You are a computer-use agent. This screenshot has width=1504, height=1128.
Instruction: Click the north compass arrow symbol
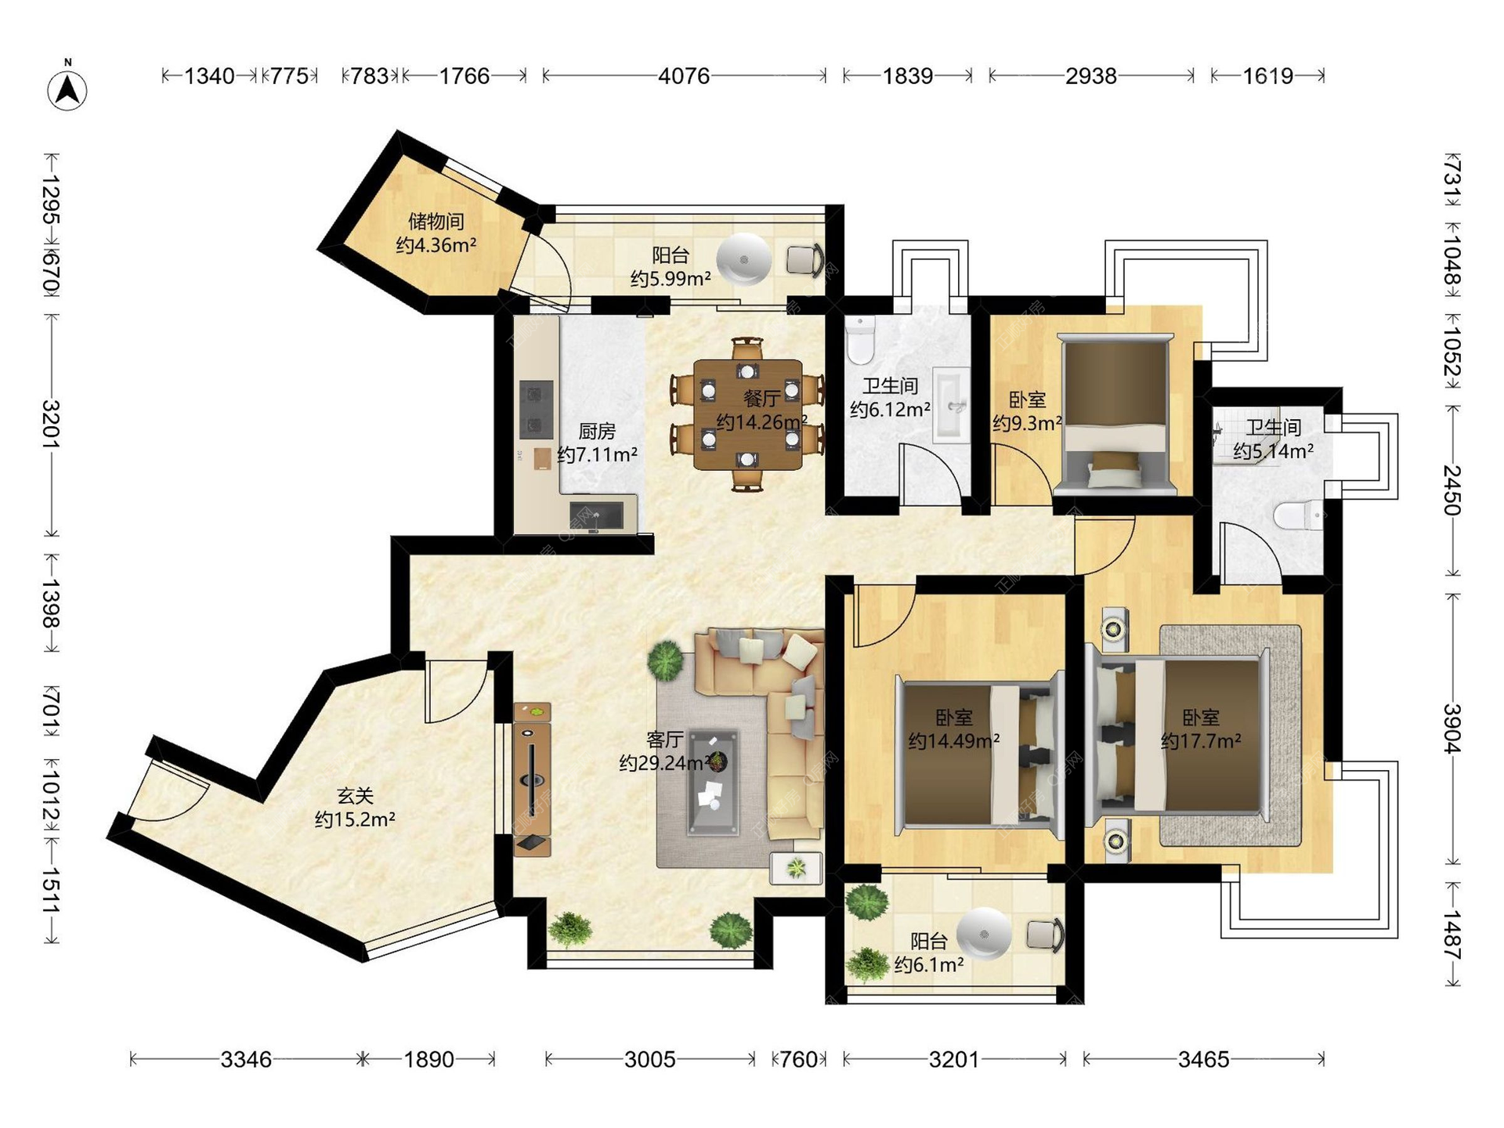(68, 89)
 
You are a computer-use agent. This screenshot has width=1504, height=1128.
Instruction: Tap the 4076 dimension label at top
(684, 76)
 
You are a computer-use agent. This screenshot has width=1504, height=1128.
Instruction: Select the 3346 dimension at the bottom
(246, 1060)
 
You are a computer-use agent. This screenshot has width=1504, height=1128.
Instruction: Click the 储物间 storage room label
(436, 222)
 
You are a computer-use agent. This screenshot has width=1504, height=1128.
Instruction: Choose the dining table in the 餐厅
(748, 414)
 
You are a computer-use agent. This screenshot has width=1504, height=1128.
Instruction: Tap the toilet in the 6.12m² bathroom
(860, 340)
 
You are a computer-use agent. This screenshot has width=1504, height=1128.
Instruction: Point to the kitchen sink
(597, 515)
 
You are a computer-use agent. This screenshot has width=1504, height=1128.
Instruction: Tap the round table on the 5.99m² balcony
(744, 259)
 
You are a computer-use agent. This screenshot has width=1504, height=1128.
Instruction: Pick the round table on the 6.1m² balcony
(984, 934)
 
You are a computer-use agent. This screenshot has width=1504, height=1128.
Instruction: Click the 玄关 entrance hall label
(355, 796)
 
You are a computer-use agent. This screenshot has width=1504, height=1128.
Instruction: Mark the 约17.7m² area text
(1201, 741)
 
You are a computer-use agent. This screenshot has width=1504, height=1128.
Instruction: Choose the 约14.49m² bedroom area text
(953, 741)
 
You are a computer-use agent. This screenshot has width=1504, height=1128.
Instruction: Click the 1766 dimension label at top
(465, 76)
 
